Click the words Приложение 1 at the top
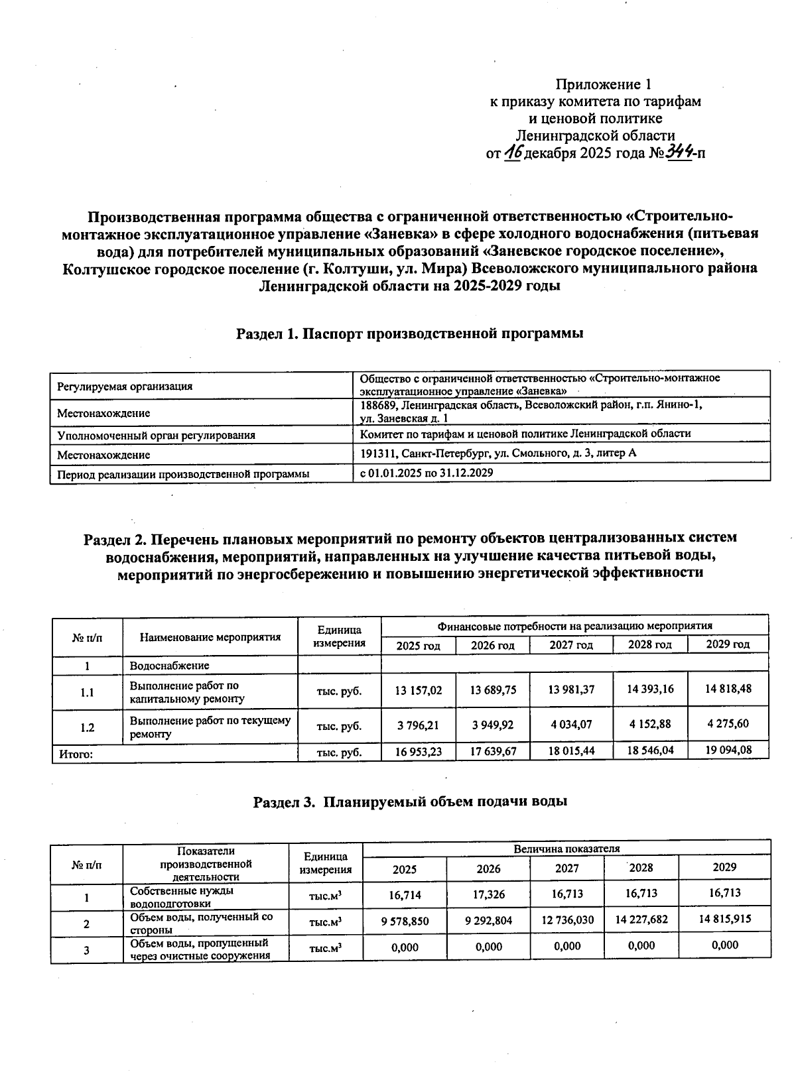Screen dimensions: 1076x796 coord(603,84)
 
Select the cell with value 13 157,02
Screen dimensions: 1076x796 coord(418,690)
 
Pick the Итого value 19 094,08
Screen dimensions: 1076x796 coord(728,751)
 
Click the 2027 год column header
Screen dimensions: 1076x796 coord(570,645)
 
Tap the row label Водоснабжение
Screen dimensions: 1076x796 coord(169,666)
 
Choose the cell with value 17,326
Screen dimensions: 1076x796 coord(488,894)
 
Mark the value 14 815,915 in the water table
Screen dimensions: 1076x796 coord(724,920)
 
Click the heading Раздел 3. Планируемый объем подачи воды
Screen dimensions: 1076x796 coord(410,802)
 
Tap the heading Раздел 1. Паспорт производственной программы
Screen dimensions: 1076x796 coord(410,333)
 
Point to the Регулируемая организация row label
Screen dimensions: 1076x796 coord(125,386)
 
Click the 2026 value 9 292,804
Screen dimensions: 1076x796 coord(488,920)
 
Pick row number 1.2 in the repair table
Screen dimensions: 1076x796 coord(87,727)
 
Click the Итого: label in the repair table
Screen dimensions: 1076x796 coord(76,753)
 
